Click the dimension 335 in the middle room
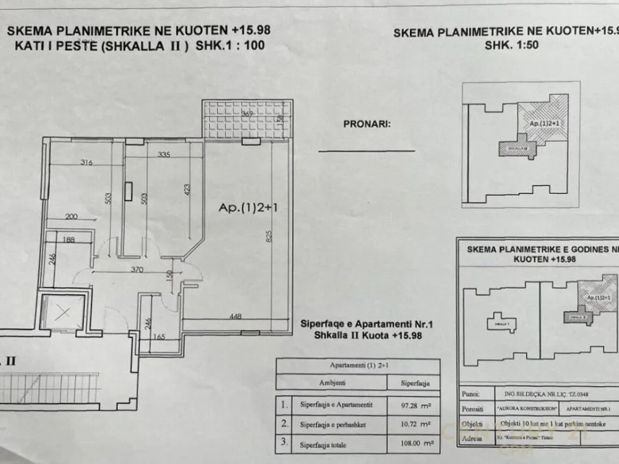[x=164, y=155]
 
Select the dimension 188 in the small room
[x=68, y=240]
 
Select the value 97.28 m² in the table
[x=413, y=405]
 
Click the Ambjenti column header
[x=332, y=383]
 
